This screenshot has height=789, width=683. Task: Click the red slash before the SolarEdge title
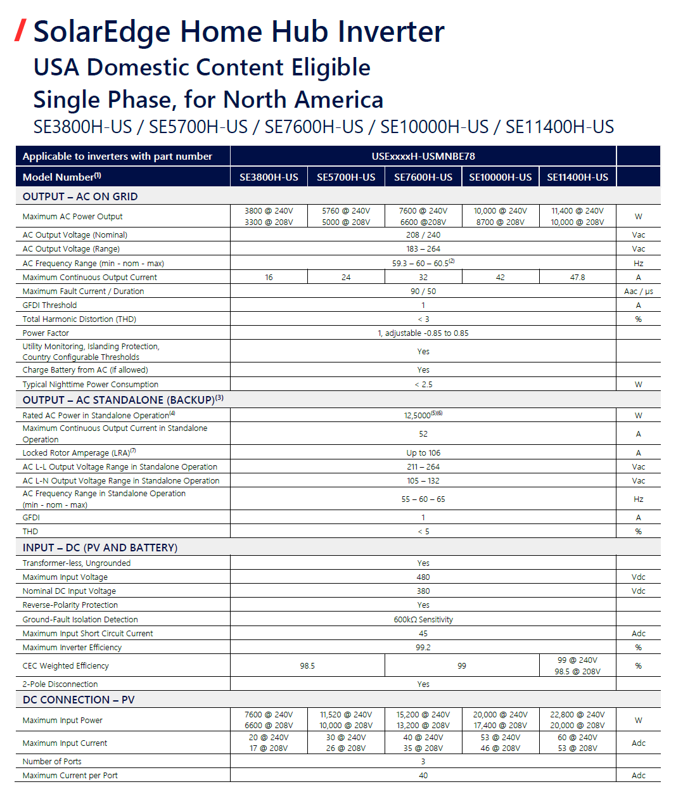click(21, 30)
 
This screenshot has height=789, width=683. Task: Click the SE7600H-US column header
click(423, 177)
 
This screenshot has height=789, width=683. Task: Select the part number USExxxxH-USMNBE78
click(423, 156)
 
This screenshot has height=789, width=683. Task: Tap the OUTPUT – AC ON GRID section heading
click(80, 196)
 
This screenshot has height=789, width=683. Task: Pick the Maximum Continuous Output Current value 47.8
click(577, 277)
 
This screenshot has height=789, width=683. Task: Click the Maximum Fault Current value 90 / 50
click(423, 291)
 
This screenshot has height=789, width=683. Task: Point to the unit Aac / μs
click(638, 291)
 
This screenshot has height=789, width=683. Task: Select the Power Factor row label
click(46, 333)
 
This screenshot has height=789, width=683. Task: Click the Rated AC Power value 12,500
click(418, 415)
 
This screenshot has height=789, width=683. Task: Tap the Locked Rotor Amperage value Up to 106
click(423, 452)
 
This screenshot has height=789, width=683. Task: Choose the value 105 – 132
click(423, 480)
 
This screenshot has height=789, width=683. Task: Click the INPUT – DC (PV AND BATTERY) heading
click(100, 547)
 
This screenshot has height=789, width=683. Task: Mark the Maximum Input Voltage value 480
click(423, 577)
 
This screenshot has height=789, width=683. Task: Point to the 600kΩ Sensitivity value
click(423, 619)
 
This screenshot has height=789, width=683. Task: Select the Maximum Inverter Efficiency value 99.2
click(423, 647)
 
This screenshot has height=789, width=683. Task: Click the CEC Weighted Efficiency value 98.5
click(307, 665)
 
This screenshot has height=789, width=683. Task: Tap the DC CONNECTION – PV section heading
click(79, 700)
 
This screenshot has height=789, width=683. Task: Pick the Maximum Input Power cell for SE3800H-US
click(269, 720)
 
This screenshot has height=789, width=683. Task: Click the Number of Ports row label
click(52, 761)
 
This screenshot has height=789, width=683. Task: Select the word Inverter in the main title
click(391, 32)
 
